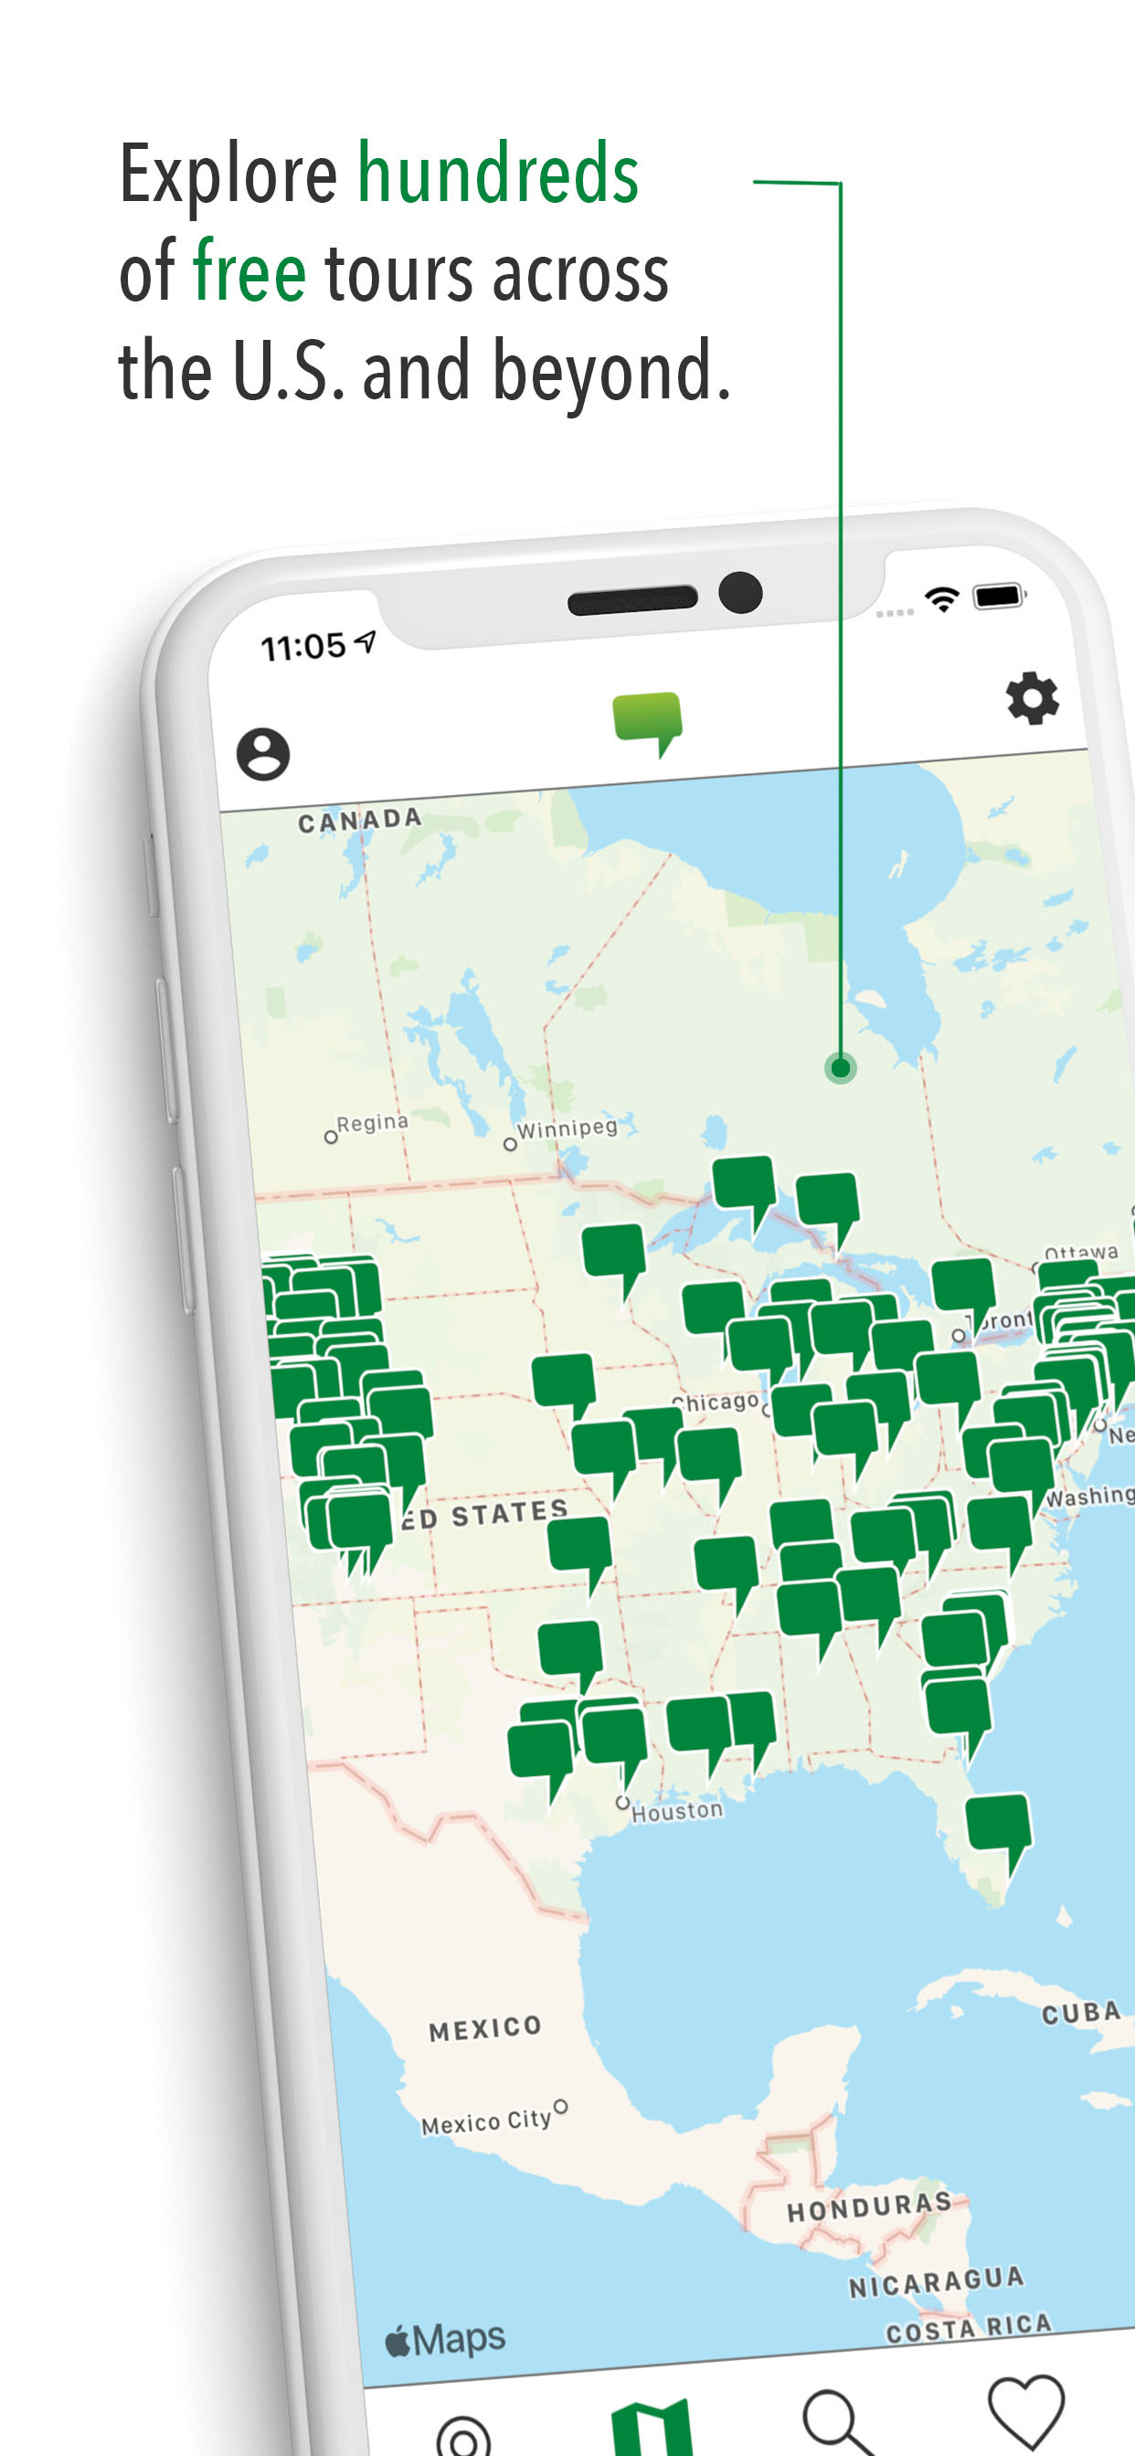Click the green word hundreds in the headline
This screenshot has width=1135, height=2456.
[x=498, y=175]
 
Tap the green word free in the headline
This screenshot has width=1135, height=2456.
[x=249, y=272]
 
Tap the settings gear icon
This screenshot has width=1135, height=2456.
[x=1032, y=699]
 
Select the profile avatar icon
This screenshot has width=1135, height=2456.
[x=263, y=754]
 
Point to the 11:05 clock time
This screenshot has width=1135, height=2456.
[x=304, y=648]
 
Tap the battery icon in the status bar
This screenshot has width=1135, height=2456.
[x=998, y=596]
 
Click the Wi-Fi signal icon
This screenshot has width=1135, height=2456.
[x=942, y=598]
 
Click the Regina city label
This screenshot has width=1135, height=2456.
[x=372, y=1124]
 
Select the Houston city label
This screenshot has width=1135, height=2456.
[x=677, y=1810]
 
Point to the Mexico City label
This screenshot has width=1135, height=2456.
[x=486, y=2121]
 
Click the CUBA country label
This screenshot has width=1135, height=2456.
[x=1081, y=2013]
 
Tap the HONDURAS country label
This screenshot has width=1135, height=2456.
[x=869, y=2207]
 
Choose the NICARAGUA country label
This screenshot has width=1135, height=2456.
[x=937, y=2281]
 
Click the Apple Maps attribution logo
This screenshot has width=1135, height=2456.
[x=445, y=2339]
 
